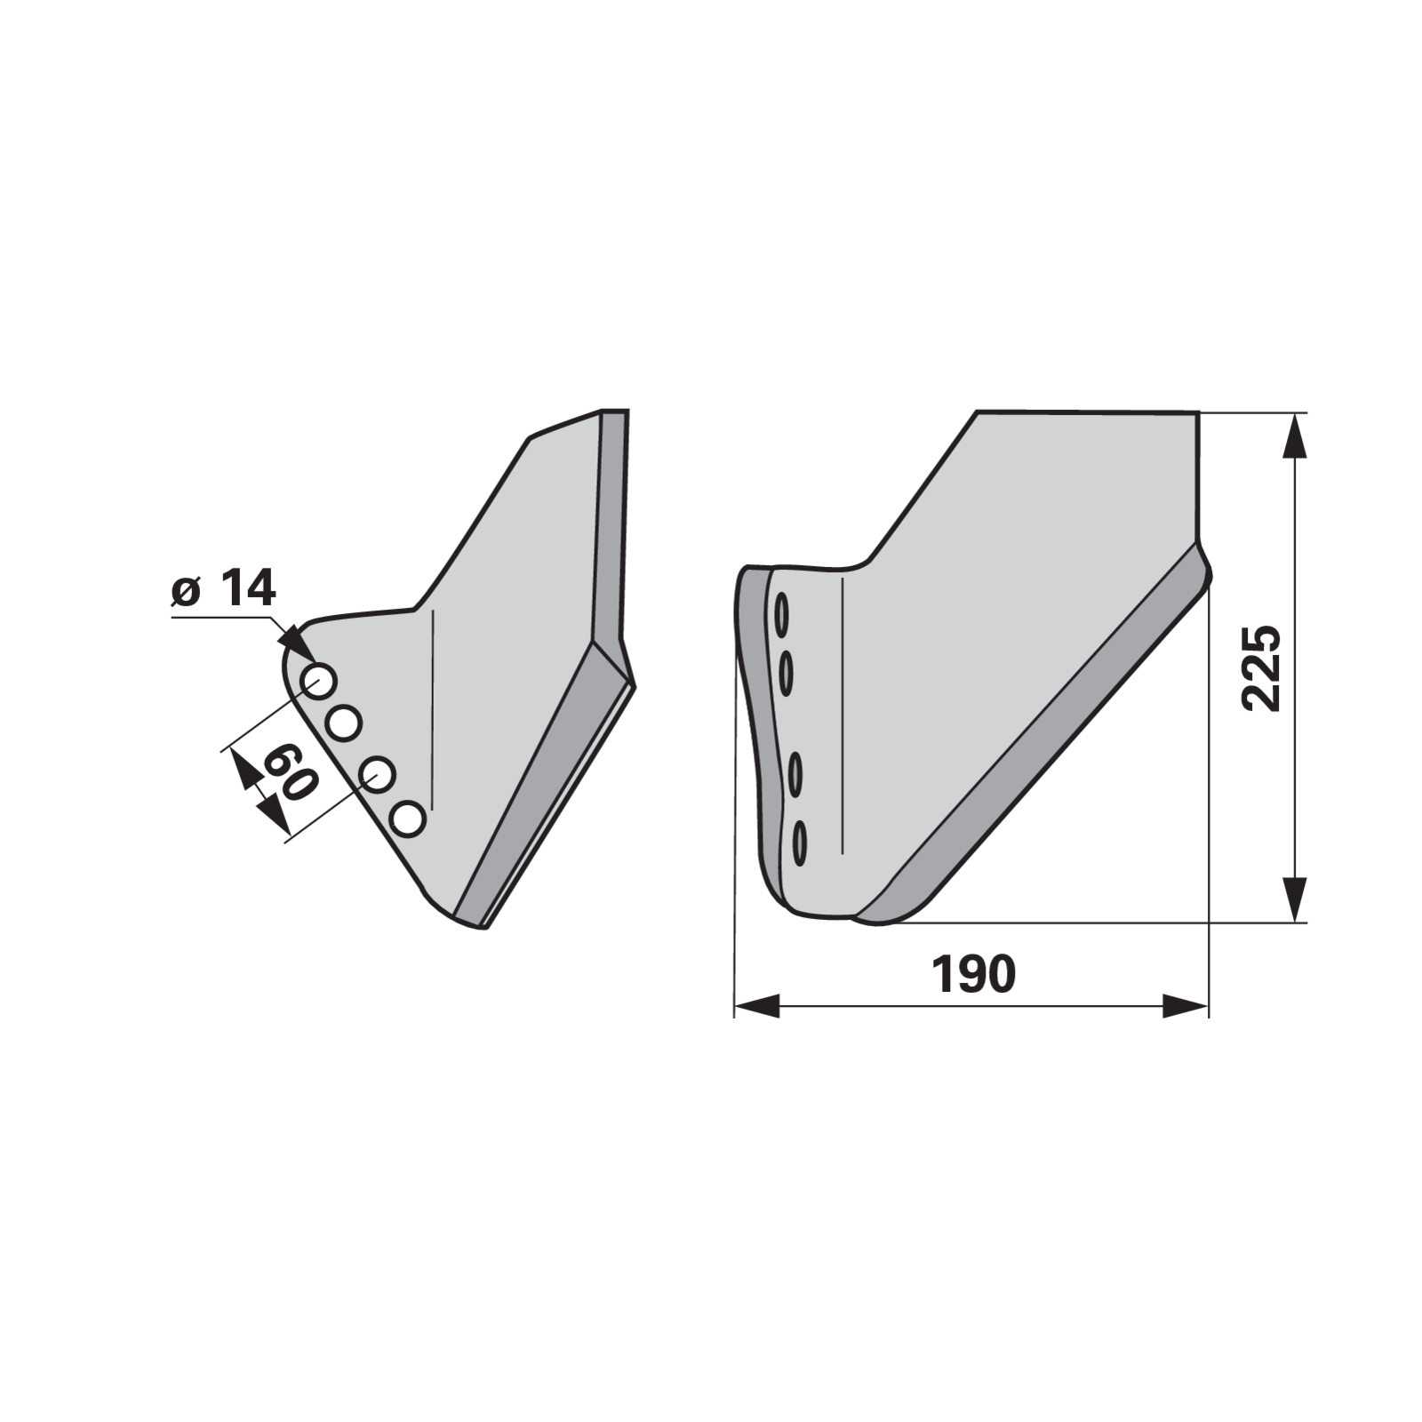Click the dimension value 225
[x=1261, y=667]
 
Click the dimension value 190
[x=973, y=974]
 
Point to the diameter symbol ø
[x=186, y=592]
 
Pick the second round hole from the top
[x=343, y=723]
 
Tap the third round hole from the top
[x=378, y=774]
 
